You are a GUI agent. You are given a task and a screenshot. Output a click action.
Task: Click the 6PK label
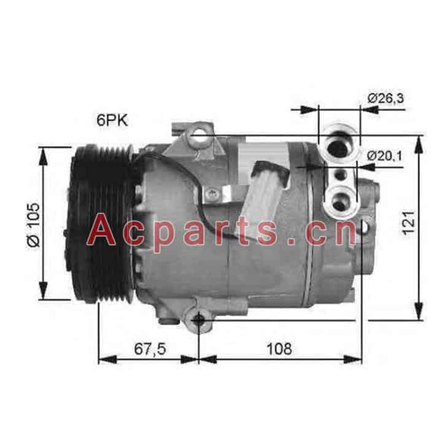point(112,120)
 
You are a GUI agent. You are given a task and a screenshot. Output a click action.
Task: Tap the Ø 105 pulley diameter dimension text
point(34,225)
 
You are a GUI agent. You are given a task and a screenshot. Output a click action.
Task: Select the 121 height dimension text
point(408,223)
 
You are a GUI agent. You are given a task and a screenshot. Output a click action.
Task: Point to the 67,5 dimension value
point(150,349)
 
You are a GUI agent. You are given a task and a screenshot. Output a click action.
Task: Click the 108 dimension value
point(279,349)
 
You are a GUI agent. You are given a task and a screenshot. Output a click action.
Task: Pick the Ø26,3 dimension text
point(386,98)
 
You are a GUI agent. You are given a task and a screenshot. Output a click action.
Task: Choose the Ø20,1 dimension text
point(385,155)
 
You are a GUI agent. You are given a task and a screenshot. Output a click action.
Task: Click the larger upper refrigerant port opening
point(339,148)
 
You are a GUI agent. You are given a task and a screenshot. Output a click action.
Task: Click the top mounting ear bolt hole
point(199,134)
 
